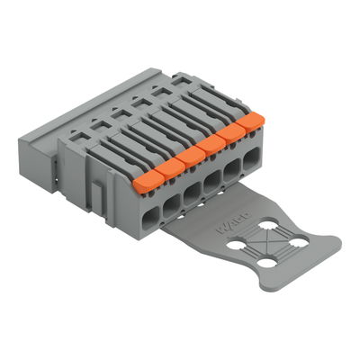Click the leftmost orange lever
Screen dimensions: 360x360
(x=142, y=183)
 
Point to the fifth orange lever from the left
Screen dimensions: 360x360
(x=233, y=131)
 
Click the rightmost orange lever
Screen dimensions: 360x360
(x=252, y=121)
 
